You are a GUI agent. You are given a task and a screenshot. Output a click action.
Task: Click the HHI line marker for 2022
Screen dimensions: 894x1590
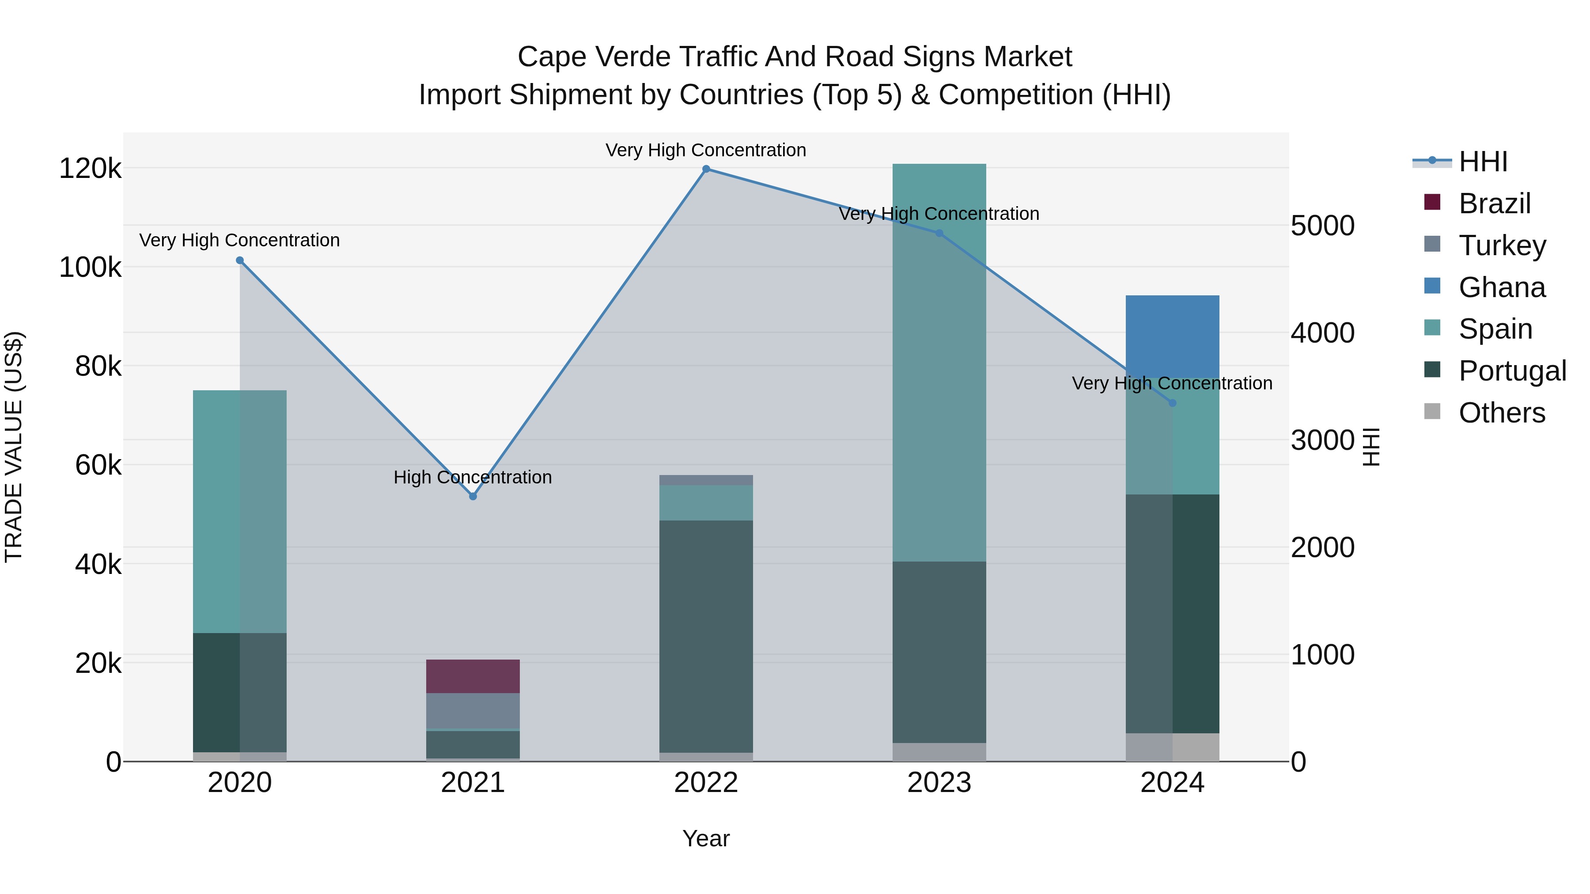coord(706,169)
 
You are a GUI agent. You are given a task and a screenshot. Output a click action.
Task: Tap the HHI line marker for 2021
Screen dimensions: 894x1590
coord(473,496)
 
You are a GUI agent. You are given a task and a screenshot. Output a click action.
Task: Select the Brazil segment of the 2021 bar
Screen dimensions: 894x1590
coord(473,676)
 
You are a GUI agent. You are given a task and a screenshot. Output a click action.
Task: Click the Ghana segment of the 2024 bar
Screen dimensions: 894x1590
coord(1172,336)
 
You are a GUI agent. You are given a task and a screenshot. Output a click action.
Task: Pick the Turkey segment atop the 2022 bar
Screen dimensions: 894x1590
coord(706,480)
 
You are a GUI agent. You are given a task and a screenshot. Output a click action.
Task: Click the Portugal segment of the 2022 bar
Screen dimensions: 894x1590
coord(706,635)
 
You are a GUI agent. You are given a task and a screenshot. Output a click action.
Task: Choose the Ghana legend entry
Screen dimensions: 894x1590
coord(1502,287)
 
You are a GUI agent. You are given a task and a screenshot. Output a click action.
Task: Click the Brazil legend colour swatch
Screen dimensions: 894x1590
coord(1432,202)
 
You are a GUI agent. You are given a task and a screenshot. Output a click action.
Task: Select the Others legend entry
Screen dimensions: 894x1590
coord(1502,413)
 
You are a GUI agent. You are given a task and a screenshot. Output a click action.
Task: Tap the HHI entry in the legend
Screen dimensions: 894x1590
coord(1483,162)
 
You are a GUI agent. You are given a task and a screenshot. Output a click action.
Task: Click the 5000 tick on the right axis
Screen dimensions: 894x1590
coord(1322,226)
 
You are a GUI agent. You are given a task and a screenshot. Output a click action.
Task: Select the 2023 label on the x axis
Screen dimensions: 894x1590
coord(939,783)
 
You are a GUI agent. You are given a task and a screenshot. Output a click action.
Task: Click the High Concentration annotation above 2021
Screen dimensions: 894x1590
coord(473,477)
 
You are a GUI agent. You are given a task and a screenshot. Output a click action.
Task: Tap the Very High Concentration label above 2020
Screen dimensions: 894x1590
coord(239,240)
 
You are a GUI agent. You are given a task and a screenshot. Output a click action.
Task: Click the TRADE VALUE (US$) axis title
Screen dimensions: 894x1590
coord(14,447)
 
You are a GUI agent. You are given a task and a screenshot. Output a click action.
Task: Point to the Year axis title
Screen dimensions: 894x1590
coord(706,838)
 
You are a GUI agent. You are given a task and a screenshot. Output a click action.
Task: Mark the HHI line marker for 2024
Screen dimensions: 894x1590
coord(1172,403)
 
